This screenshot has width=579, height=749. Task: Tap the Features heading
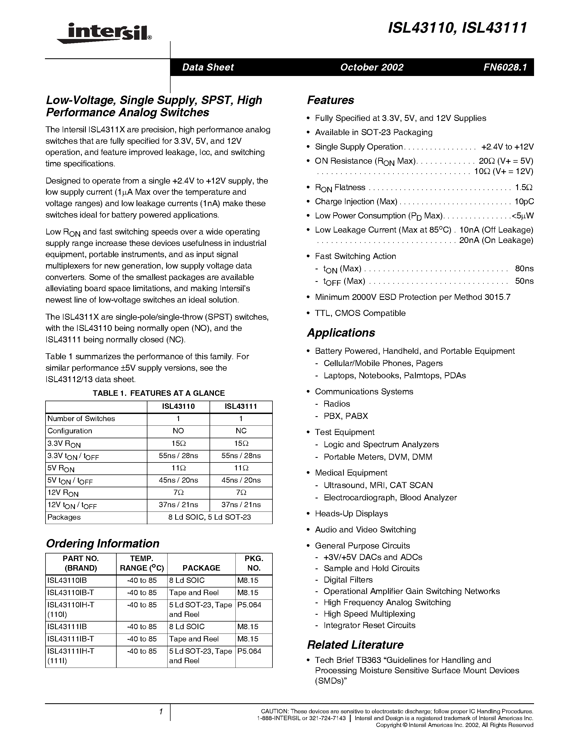(330, 100)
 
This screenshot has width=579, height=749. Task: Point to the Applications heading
(341, 333)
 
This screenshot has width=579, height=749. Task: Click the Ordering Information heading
(102, 544)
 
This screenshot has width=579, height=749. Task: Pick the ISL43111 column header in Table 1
(241, 406)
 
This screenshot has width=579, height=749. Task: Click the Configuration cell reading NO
(178, 431)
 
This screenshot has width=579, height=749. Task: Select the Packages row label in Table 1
(64, 517)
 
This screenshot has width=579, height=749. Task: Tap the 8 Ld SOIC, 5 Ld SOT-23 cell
(210, 517)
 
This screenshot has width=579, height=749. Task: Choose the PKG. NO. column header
(254, 563)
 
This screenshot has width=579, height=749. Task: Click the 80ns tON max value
(524, 269)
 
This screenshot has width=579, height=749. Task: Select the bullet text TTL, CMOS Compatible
(360, 313)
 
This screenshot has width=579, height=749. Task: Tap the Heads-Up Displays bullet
(351, 514)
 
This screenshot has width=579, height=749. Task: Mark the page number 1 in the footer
(160, 712)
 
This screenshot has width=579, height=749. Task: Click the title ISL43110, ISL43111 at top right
(457, 28)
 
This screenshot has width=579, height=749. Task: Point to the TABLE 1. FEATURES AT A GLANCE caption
(159, 393)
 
